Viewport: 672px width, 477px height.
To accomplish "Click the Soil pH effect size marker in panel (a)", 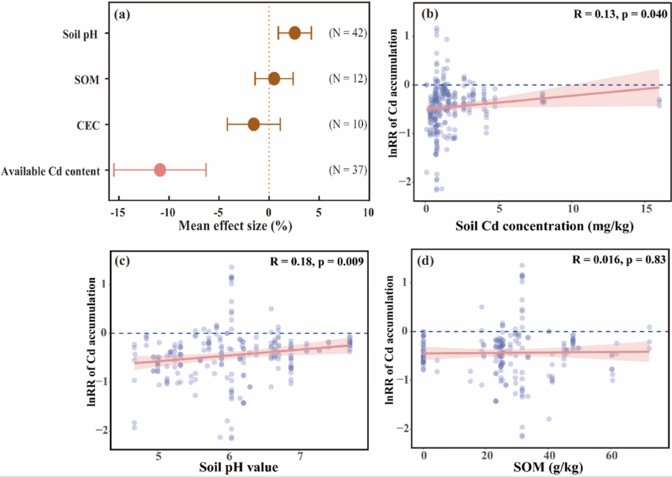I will pos(295,33).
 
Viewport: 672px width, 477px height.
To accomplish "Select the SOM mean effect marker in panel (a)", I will pos(274,78).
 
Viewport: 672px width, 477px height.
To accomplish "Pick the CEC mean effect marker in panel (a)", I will pos(254,124).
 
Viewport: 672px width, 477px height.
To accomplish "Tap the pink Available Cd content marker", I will pos(160,170).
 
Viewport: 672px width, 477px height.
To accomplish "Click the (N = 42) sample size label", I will pos(348,33).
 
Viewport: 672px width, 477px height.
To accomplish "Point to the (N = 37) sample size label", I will pos(348,170).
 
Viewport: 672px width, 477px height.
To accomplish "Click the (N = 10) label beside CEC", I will pos(348,124).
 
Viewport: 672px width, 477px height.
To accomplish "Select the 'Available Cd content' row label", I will pos(51,171).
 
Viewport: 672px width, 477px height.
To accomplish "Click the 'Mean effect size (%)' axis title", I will pos(235,226).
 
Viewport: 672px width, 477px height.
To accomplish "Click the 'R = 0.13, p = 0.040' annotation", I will pos(620,14).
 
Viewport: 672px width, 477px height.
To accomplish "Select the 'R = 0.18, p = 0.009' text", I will pos(317,262).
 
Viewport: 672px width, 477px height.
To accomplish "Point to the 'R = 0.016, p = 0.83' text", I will pos(619,260).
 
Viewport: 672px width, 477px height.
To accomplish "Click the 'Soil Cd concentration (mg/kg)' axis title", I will pos(544,226).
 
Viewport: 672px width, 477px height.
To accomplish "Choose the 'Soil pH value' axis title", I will pos(239,467).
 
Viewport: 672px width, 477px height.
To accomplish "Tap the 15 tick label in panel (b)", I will pos(646,209).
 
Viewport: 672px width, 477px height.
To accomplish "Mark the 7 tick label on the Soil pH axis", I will pos(300,456).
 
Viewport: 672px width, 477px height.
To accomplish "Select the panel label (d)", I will pos(426,261).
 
